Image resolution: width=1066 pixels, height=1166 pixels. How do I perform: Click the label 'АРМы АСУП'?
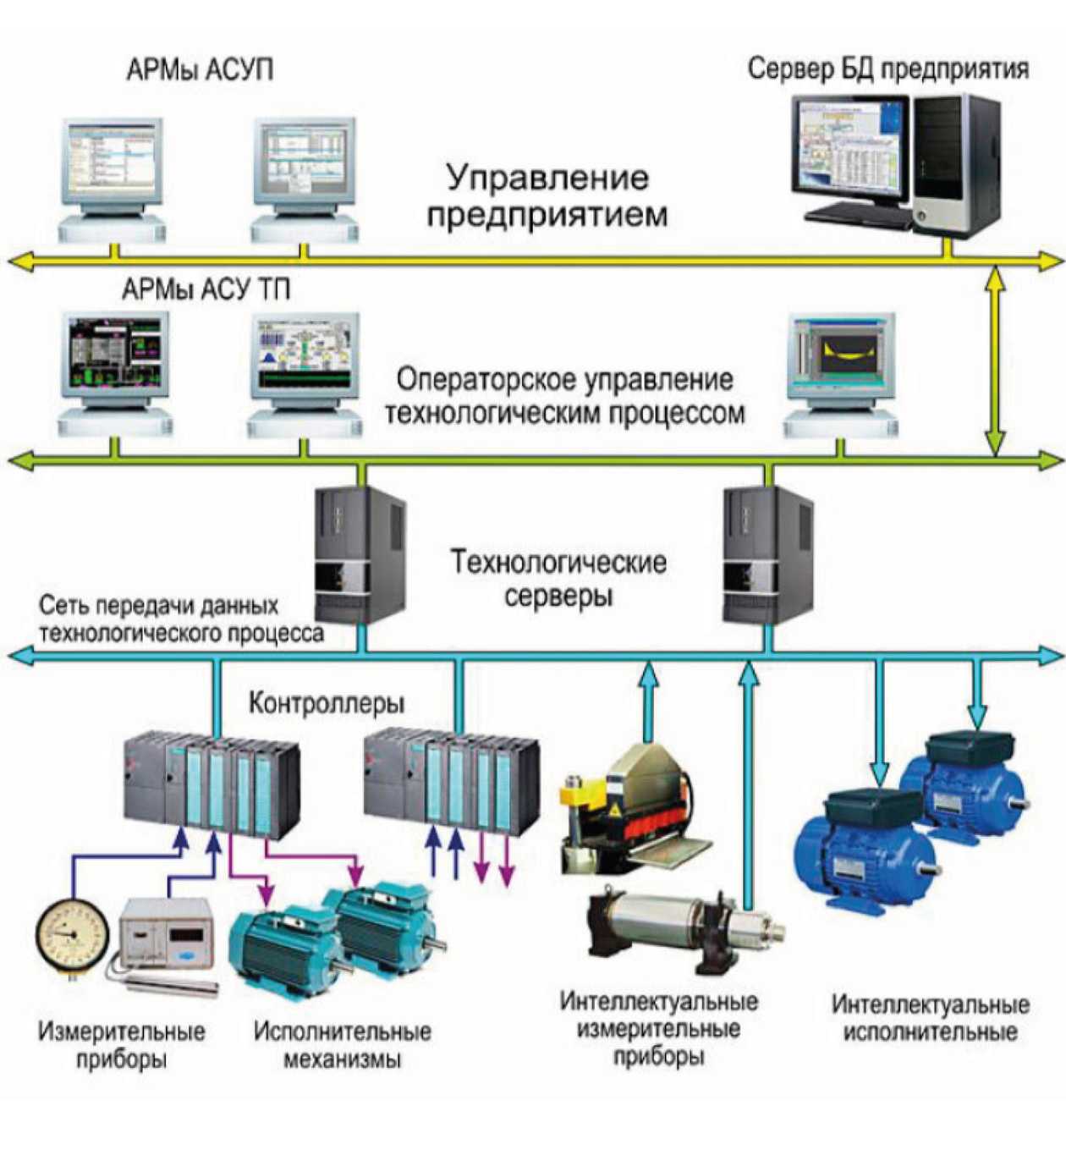(200, 69)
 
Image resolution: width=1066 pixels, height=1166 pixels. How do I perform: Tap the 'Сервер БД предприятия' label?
(887, 69)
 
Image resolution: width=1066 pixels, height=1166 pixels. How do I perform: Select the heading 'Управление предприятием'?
(547, 195)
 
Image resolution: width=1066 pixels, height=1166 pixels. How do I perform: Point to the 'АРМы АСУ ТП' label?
(206, 290)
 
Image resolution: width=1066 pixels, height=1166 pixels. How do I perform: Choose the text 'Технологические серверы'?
(558, 579)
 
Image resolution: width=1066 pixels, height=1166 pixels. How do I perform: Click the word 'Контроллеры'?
(327, 703)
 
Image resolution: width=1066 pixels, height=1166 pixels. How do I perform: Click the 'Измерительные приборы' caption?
(121, 1045)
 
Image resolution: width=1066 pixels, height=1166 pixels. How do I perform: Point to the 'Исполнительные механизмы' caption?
(342, 1045)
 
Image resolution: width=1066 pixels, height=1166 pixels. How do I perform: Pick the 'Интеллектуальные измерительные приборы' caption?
(658, 1029)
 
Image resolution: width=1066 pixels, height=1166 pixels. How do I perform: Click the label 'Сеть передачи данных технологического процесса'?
(180, 619)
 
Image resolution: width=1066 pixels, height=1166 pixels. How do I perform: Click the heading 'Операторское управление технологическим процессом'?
(564, 396)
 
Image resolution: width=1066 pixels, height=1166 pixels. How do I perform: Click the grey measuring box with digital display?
(166, 935)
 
